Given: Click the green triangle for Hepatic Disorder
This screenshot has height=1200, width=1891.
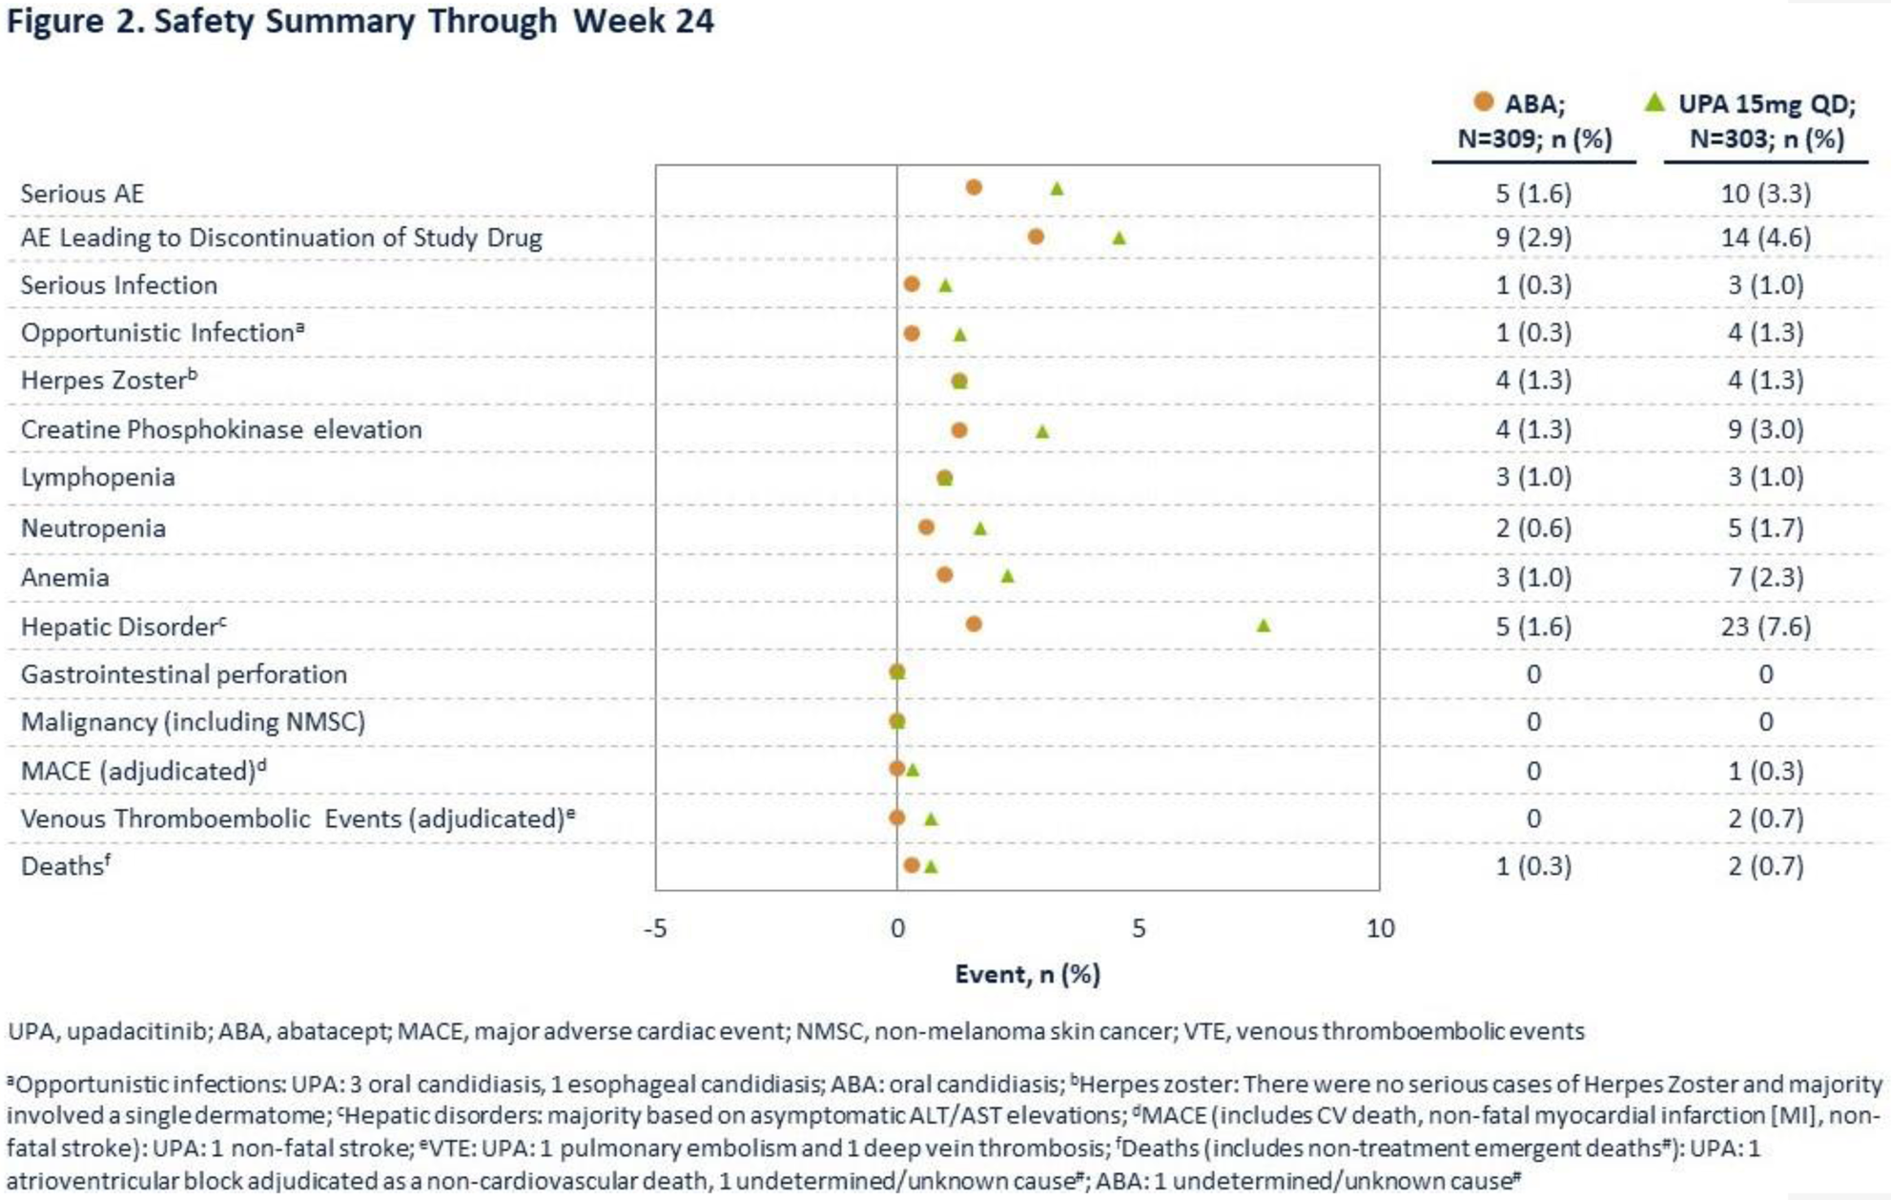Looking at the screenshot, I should tap(1264, 626).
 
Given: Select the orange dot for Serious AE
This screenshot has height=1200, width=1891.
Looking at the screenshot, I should tap(974, 187).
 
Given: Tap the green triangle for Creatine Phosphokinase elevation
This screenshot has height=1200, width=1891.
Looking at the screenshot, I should tap(1042, 431).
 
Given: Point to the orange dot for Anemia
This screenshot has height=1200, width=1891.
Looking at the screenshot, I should tap(944, 574).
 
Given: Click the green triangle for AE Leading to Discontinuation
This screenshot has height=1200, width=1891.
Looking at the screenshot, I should tap(1120, 238).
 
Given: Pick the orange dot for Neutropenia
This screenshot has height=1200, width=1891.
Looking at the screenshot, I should tap(926, 527).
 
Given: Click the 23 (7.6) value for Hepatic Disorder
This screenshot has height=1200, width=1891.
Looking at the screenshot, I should tap(1766, 627).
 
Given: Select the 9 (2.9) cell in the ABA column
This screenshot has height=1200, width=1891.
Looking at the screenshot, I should tap(1532, 238).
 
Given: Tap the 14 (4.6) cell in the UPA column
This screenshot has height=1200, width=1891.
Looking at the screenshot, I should tap(1766, 238).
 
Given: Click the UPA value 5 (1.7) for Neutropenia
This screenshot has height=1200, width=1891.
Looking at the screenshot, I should tap(1766, 528).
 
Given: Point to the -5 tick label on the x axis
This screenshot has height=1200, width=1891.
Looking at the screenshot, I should tap(655, 928).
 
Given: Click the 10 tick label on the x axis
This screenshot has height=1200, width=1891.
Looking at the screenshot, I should tap(1380, 928).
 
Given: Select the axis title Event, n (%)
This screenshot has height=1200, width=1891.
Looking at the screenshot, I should tap(1027, 974).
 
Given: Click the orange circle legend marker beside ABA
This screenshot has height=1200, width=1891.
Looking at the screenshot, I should tap(1483, 101).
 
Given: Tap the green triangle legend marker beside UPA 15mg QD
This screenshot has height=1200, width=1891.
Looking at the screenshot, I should tap(1655, 101).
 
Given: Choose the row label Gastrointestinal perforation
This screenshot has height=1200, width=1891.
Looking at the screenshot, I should tap(183, 674).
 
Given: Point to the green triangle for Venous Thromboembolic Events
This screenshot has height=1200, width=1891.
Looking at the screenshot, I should tap(931, 818).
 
